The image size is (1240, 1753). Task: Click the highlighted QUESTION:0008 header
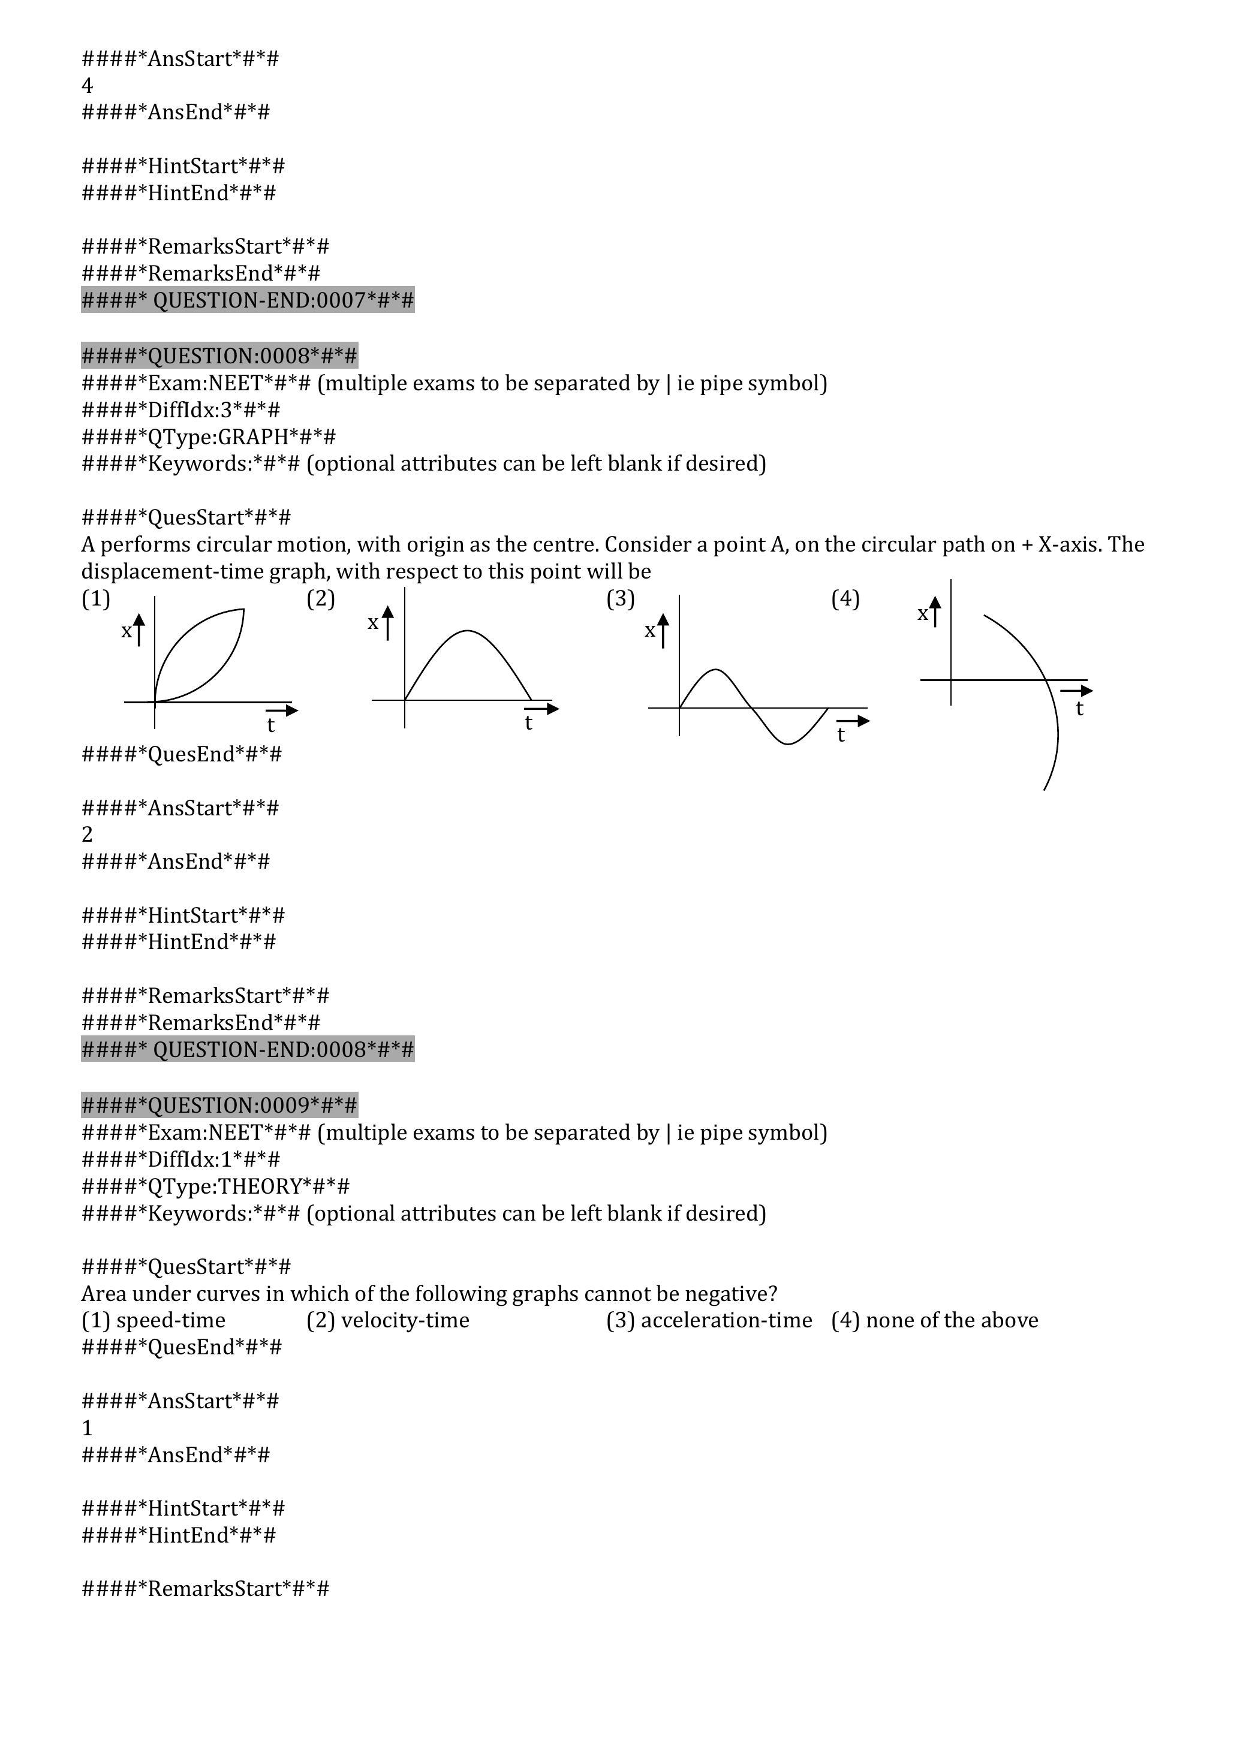tap(219, 356)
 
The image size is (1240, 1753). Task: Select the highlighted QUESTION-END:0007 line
tap(248, 300)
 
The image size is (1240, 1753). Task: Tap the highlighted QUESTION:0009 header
tap(219, 1105)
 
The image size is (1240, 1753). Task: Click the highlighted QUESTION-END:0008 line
tap(248, 1049)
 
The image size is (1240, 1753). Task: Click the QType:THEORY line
tap(215, 1186)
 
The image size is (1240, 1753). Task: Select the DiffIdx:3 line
tap(181, 410)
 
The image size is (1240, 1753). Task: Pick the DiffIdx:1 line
tap(181, 1159)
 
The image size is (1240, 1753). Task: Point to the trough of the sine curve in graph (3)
tap(788, 743)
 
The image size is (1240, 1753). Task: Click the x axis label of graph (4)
tap(922, 614)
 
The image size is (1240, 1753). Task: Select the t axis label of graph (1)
tap(270, 725)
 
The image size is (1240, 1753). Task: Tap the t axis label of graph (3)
tap(841, 734)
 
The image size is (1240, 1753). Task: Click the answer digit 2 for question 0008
tap(87, 835)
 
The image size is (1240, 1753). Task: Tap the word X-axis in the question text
tap(1069, 544)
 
